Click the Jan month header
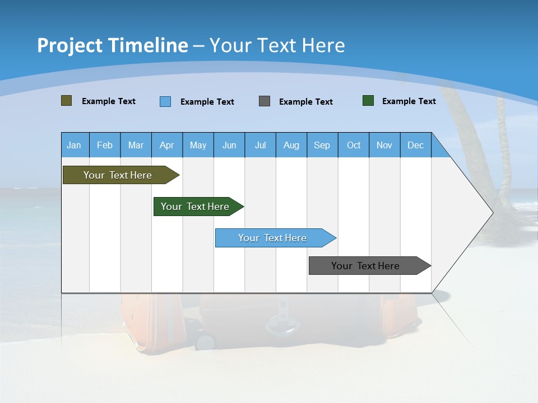point(74,145)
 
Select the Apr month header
point(166,145)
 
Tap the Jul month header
point(260,145)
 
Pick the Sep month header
point(322,145)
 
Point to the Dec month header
point(415,145)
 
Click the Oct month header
point(354,145)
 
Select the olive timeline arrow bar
point(118,175)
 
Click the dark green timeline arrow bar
point(196,207)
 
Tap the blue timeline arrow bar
point(273,238)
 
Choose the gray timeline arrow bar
point(366,266)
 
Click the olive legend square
point(66,101)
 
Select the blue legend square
point(165,101)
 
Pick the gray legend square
point(265,101)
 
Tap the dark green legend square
point(368,101)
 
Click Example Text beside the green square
point(409,101)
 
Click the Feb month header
point(105,145)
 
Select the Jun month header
point(229,145)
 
